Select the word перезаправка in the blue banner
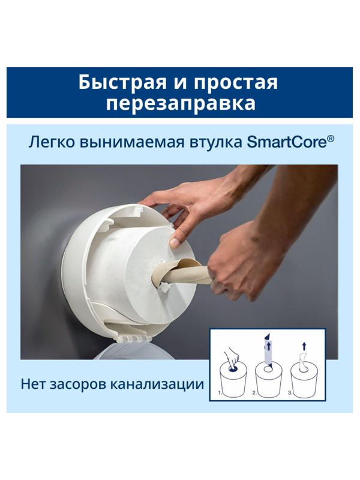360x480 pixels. (180, 103)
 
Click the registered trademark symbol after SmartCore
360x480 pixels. (331, 139)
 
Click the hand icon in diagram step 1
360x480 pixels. (230, 353)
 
